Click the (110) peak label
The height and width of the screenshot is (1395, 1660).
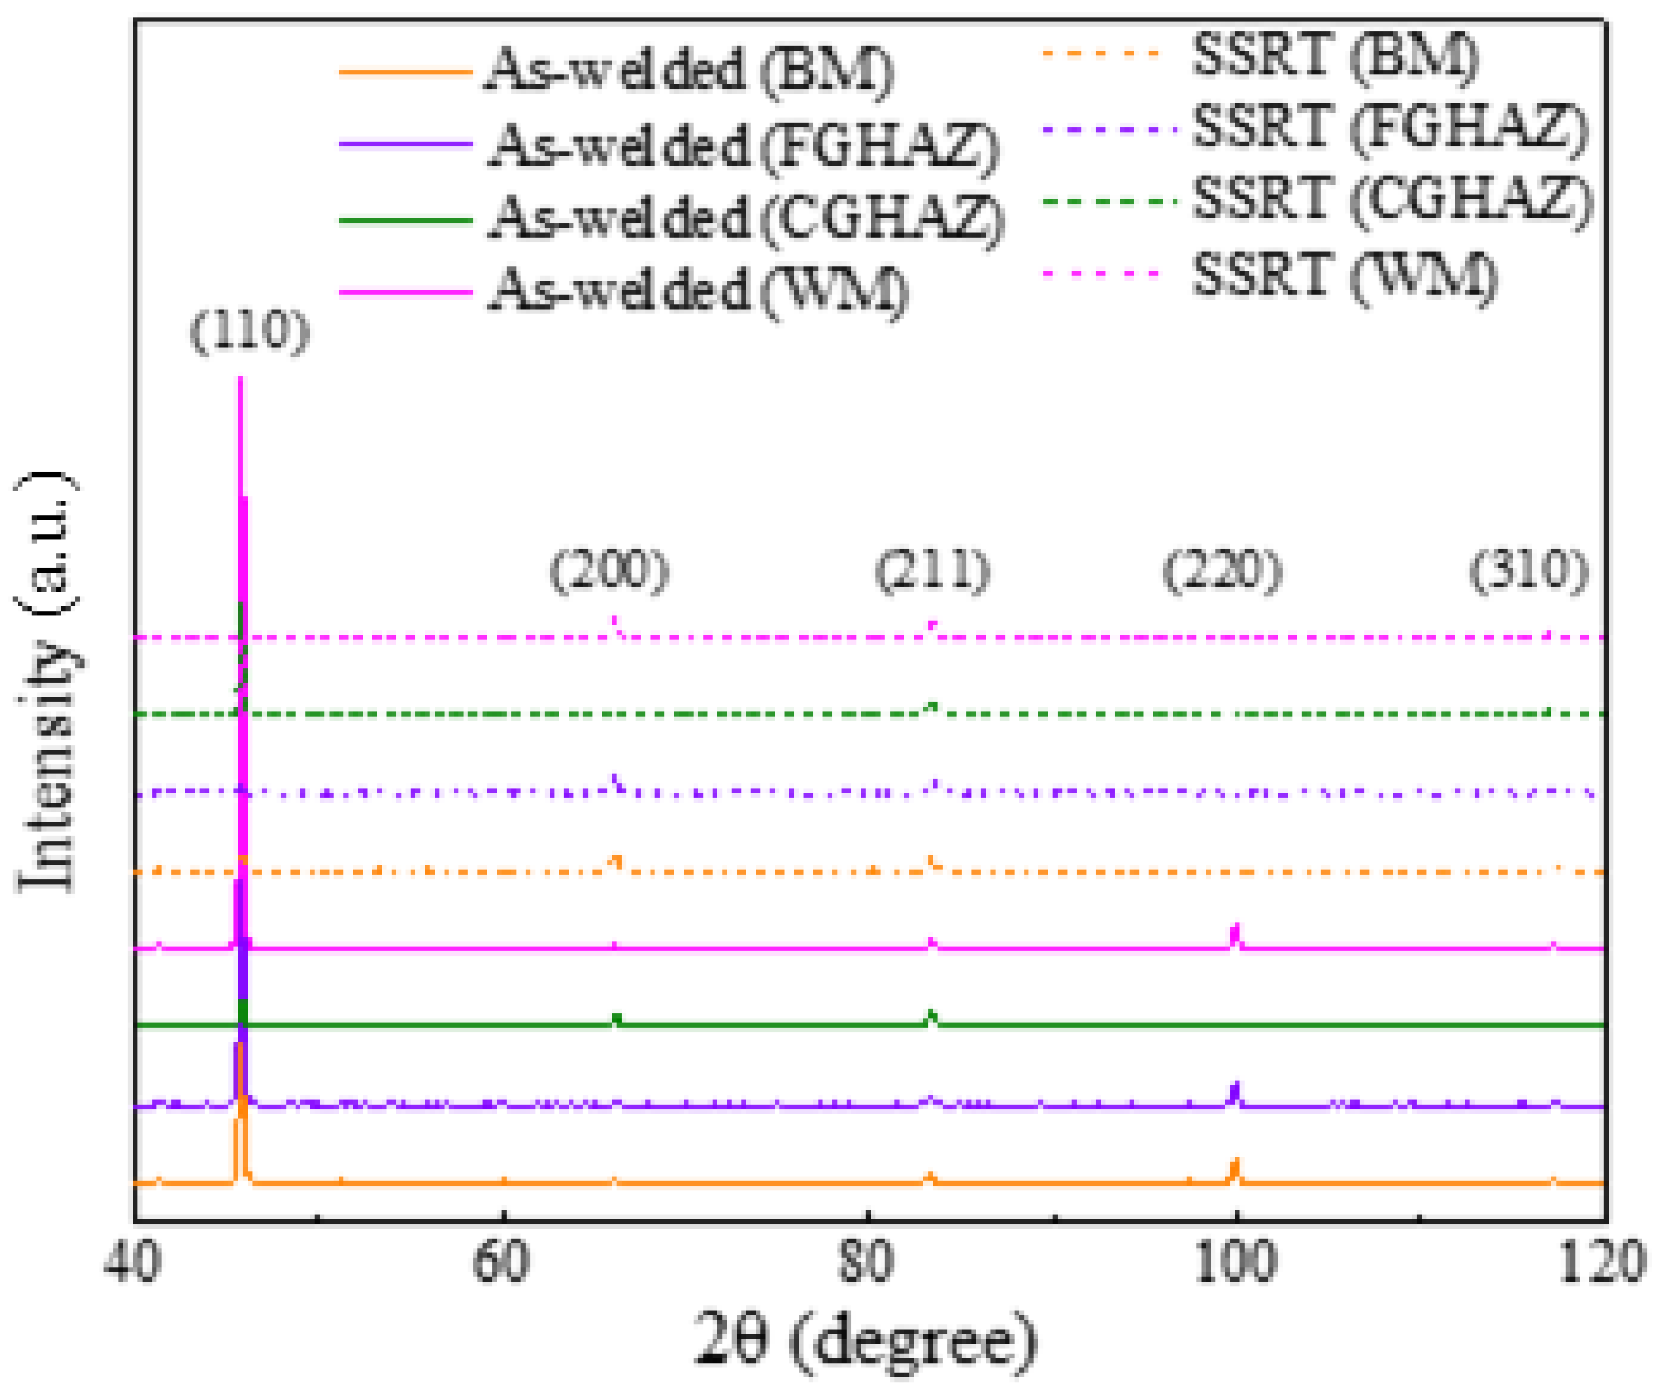pos(250,331)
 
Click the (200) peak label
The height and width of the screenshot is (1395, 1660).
pos(610,570)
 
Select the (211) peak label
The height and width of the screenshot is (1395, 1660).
pos(933,570)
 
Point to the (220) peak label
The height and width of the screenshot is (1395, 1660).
pos(1222,570)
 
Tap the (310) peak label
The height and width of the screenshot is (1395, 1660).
pos(1529,570)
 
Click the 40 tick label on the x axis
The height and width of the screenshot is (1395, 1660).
pos(133,1262)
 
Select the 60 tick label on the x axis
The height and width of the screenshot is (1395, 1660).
pos(501,1262)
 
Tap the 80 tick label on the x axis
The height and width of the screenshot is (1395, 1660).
pos(868,1262)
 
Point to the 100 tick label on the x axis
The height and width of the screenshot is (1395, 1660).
pos(1235,1262)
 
